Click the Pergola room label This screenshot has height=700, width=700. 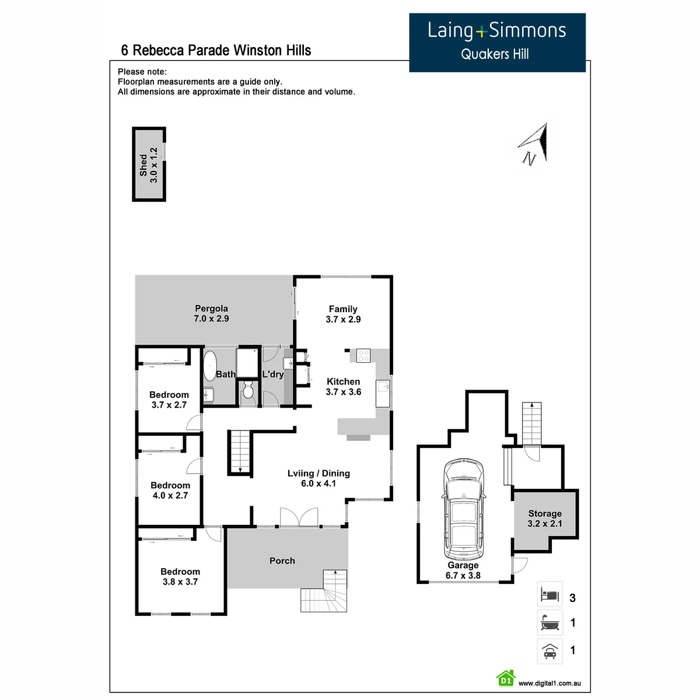211,309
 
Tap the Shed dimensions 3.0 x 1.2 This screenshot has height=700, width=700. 153,164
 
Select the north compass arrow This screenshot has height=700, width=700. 536,143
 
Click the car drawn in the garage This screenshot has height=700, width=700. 464,509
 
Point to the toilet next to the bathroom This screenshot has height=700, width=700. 248,390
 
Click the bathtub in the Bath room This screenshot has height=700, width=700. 210,365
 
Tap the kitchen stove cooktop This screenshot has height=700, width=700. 363,355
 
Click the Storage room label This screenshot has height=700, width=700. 544,513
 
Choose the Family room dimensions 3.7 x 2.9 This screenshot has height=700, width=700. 343,319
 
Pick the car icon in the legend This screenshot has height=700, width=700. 549,651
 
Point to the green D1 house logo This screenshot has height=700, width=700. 506,679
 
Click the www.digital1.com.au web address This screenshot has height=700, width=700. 549,683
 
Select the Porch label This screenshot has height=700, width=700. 282,561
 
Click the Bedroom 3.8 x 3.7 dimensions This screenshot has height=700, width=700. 180,582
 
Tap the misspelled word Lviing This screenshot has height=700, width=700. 300,473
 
